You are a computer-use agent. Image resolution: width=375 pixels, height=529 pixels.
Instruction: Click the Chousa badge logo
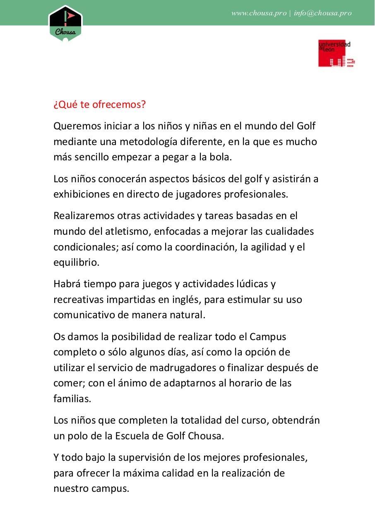[x=65, y=23]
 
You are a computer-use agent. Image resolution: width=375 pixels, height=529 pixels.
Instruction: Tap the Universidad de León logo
[x=337, y=53]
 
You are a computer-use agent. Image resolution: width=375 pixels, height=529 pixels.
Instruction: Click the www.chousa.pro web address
[x=259, y=13]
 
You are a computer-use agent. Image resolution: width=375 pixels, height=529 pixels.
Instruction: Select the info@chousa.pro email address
[x=323, y=13]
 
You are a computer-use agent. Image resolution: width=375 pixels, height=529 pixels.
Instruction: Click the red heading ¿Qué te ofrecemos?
[x=100, y=105]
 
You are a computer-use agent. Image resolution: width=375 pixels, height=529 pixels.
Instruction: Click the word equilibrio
[x=76, y=263]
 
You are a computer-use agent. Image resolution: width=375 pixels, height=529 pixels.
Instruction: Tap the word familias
[x=72, y=399]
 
